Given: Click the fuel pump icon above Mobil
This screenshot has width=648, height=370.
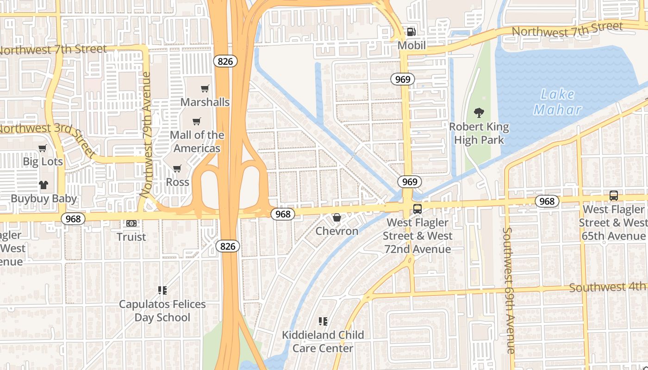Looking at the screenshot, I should [x=411, y=31].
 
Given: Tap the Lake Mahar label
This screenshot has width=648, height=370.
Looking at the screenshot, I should [x=558, y=102].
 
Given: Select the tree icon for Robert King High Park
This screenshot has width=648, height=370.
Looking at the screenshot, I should [x=479, y=112].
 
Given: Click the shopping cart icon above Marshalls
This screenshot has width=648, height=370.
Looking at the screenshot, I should [x=205, y=88].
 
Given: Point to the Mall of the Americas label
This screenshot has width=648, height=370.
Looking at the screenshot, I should [x=197, y=142].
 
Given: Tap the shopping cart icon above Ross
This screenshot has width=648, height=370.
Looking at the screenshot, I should [x=177, y=168].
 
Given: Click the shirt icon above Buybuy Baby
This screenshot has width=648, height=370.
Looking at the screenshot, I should [x=44, y=185].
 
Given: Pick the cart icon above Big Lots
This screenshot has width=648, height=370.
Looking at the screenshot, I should [x=43, y=148].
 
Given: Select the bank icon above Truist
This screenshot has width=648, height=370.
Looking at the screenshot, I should [x=131, y=223].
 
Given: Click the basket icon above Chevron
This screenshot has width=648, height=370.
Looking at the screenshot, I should [x=336, y=217].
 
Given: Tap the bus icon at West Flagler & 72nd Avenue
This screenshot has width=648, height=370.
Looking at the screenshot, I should [x=417, y=209].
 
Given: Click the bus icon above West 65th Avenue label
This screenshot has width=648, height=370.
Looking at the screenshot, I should [x=613, y=196].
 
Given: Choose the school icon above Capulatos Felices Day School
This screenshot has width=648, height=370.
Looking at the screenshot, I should [x=162, y=290].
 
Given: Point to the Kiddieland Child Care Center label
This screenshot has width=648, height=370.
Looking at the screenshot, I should [x=323, y=341].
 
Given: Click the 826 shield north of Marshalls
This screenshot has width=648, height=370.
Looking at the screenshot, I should [x=225, y=61].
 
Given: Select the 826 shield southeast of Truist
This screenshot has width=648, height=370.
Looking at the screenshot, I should [x=227, y=247].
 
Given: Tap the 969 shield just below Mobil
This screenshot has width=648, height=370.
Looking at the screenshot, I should [x=403, y=79].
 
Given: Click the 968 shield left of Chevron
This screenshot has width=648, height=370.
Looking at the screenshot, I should [x=282, y=214].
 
